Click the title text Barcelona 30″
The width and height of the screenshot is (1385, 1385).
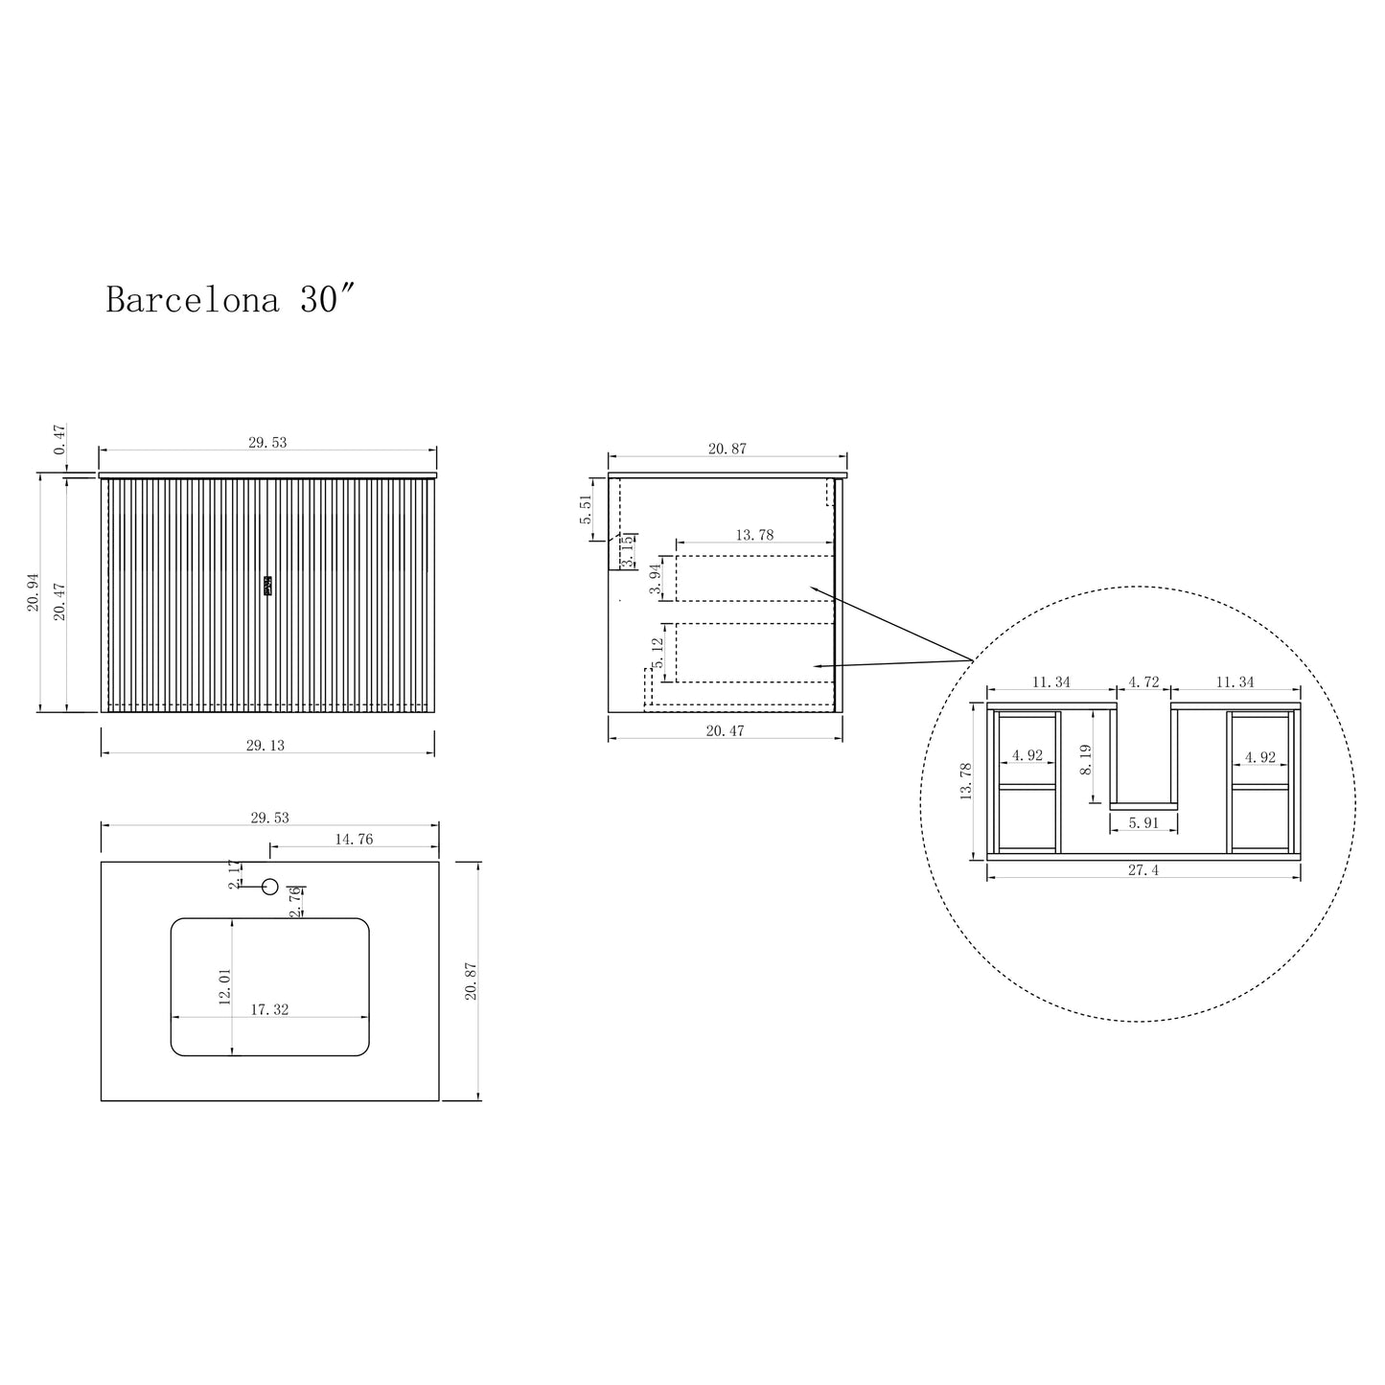click(x=231, y=299)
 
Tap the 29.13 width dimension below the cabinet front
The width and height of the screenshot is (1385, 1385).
click(x=265, y=746)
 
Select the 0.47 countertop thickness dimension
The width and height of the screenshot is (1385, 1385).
click(x=58, y=439)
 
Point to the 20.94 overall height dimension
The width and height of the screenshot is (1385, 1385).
click(x=34, y=592)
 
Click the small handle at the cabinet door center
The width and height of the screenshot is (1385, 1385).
click(x=268, y=586)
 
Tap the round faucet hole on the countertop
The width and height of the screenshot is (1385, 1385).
click(x=270, y=887)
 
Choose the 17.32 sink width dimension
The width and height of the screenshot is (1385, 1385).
click(x=269, y=1009)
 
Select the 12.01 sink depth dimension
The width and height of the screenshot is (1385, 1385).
click(x=225, y=986)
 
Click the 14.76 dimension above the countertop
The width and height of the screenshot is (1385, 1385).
click(x=355, y=839)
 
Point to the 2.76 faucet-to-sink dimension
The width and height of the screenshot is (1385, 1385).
click(x=295, y=901)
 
